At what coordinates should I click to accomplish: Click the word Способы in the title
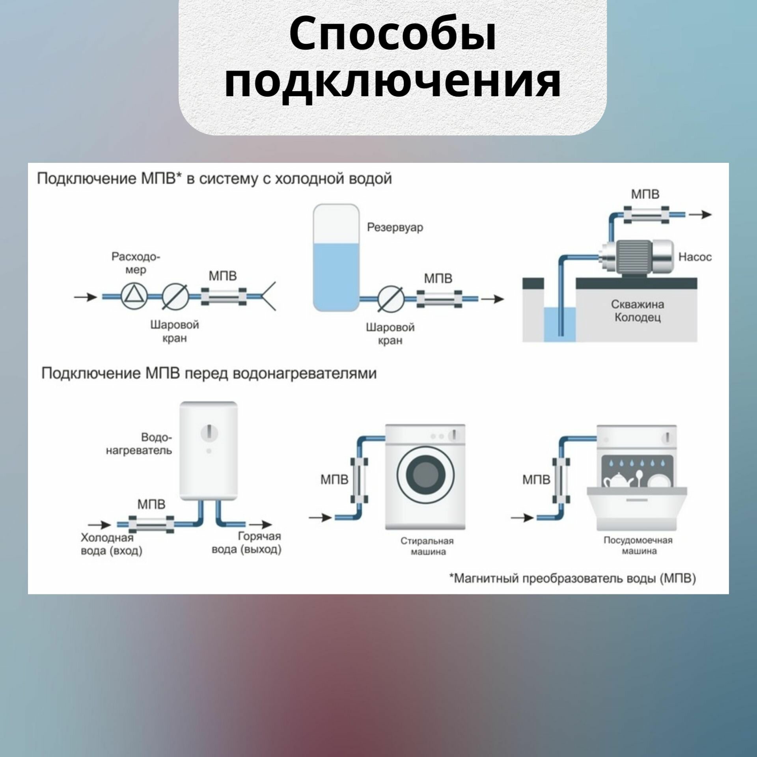[392, 36]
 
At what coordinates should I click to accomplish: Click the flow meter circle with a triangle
[134, 296]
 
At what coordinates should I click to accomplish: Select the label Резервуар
[395, 227]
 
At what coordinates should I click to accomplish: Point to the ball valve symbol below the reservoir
[390, 299]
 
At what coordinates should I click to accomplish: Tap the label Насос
[695, 257]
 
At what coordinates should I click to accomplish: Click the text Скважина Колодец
[637, 311]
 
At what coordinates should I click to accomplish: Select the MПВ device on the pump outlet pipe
[646, 215]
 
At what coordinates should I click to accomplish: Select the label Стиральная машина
[427, 546]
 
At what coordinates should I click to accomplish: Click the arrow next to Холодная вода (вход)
[99, 524]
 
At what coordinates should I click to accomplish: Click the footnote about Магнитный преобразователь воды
[572, 579]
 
